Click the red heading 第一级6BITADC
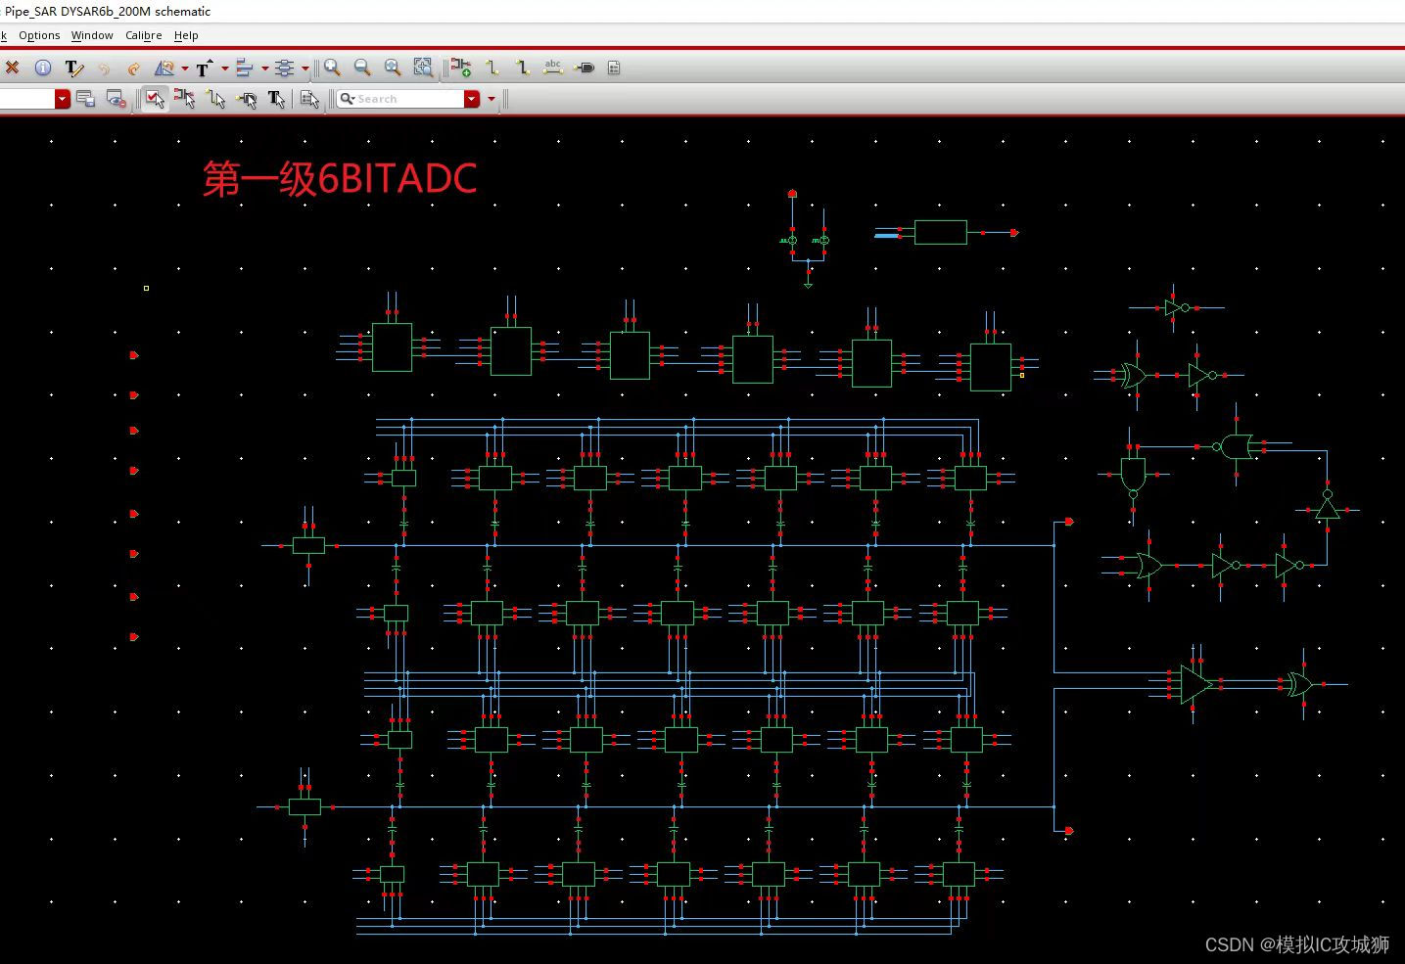(x=339, y=179)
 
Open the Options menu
(x=39, y=35)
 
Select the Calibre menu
(x=143, y=35)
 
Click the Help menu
(x=186, y=35)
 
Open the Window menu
(x=92, y=35)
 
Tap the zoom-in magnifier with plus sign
(x=332, y=68)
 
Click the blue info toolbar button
(x=43, y=68)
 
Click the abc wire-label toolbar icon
(x=553, y=68)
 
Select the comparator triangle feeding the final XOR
(x=1194, y=684)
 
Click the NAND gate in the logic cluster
(x=1133, y=475)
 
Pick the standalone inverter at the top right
(x=1173, y=307)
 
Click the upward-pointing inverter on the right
(x=1327, y=509)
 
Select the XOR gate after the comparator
(x=1300, y=684)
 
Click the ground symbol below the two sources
(x=808, y=284)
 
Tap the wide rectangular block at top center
(x=940, y=232)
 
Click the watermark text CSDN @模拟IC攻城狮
(x=1296, y=944)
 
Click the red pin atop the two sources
(x=792, y=194)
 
